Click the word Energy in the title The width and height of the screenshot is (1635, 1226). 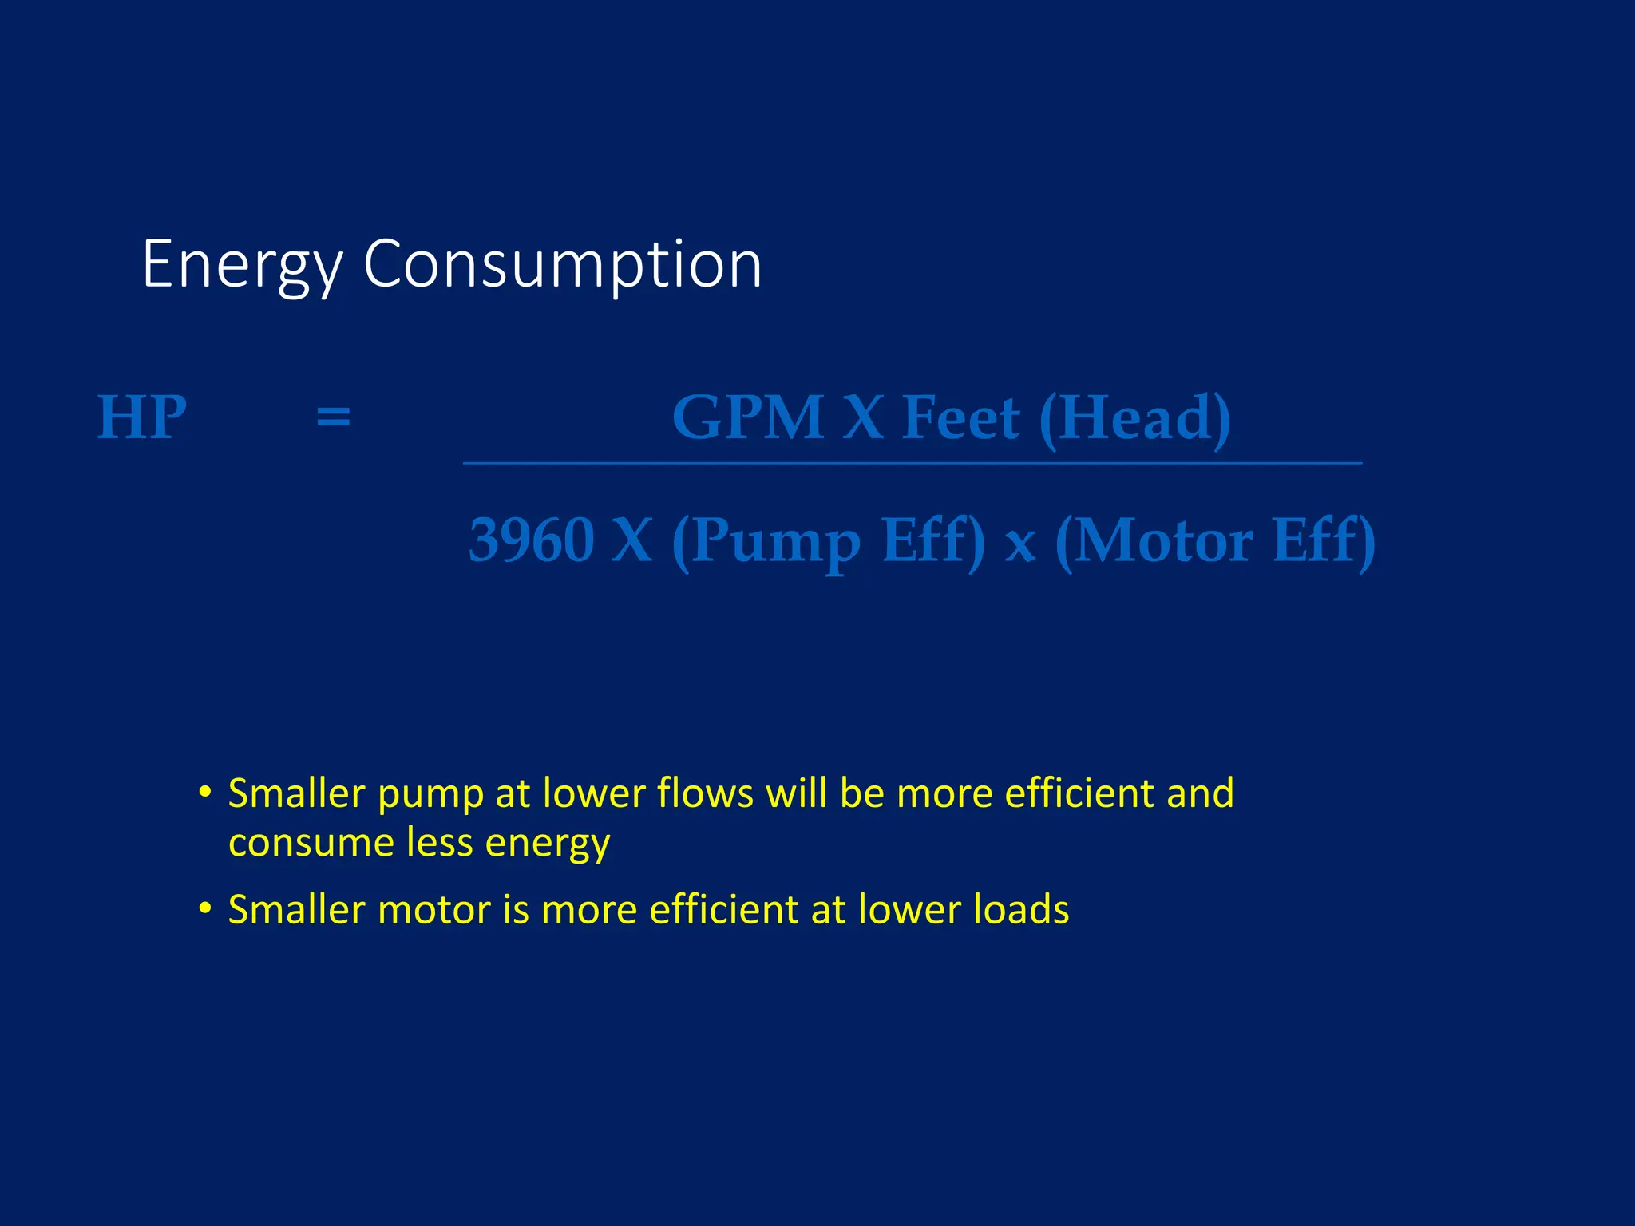point(242,266)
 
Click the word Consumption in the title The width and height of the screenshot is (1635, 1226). point(563,266)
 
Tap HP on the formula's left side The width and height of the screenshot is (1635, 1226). point(142,417)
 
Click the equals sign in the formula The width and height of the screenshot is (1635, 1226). point(333,417)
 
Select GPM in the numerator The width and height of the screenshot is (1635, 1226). point(748,417)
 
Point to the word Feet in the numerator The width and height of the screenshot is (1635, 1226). point(960,417)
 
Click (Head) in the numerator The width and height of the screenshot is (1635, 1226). point(1134,418)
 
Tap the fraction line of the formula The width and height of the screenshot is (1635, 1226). point(912,463)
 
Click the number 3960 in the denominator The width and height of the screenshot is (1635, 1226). point(531,540)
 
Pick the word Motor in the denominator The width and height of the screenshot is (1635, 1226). point(1164,540)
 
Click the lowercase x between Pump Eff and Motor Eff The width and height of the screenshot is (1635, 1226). point(1020,545)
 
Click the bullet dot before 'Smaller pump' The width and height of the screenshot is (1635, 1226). point(206,793)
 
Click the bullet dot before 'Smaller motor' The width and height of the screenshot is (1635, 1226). point(206,908)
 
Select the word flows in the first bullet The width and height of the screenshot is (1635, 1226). point(705,793)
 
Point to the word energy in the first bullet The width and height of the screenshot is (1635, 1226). point(548,844)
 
